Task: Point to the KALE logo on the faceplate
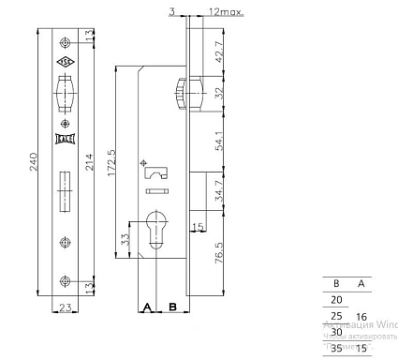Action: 65,140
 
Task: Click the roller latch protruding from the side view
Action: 180,96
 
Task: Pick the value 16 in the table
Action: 361,318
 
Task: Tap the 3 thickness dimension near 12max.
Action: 173,10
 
